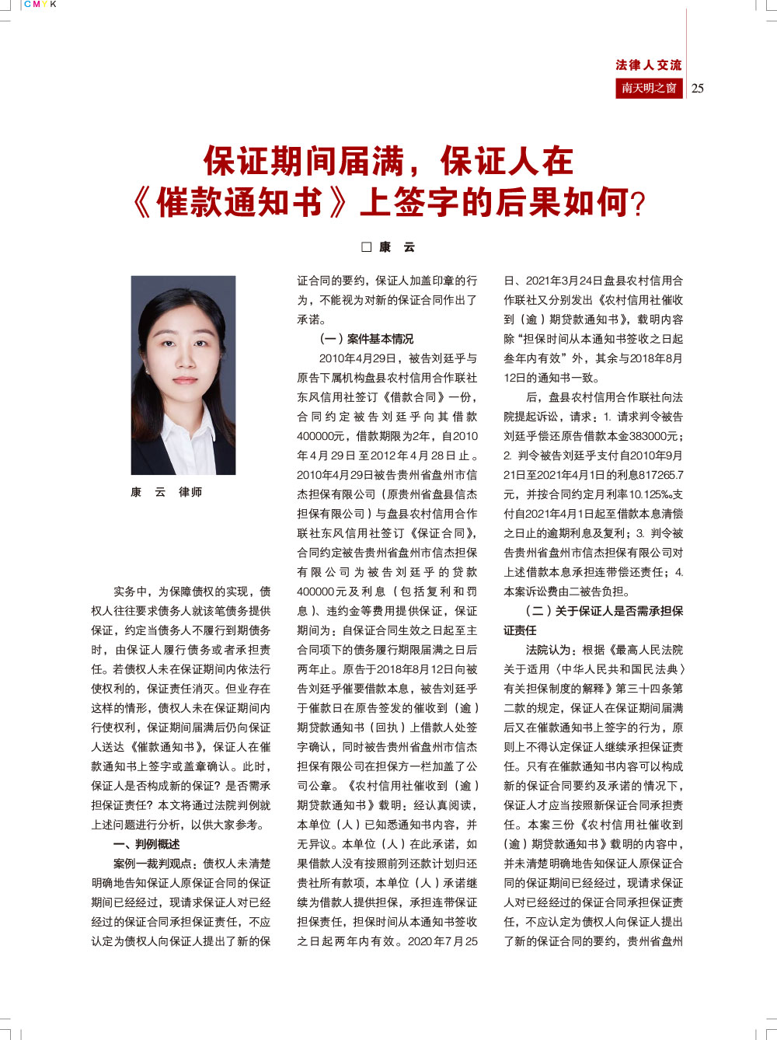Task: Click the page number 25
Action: pyautogui.click(x=698, y=88)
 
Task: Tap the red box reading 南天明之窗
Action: pyautogui.click(x=649, y=88)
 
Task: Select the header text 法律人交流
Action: pyautogui.click(x=648, y=65)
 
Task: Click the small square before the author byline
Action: pyautogui.click(x=367, y=247)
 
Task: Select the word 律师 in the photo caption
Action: pyautogui.click(x=190, y=492)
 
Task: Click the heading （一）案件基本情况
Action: pyautogui.click(x=367, y=339)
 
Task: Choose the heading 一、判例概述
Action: pyautogui.click(x=147, y=844)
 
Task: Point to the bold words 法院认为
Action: pyautogui.click(x=550, y=650)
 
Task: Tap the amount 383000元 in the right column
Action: pyautogui.click(x=653, y=436)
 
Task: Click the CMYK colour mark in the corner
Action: pyautogui.click(x=40, y=5)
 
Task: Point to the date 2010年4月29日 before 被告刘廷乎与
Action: pyautogui.click(x=358, y=358)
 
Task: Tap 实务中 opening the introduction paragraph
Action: pyautogui.click(x=130, y=592)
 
